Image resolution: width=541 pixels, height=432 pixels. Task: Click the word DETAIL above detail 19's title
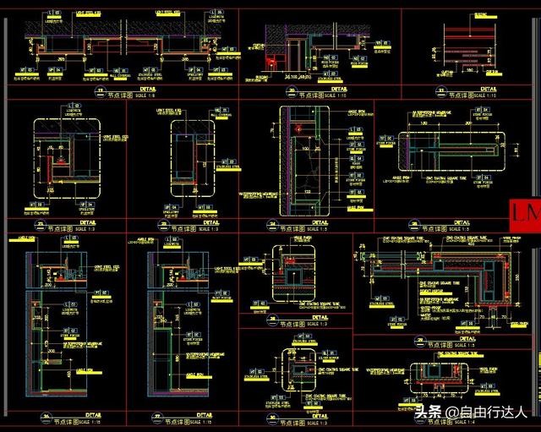click(148, 88)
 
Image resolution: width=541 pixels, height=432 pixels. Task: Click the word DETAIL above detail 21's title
click(489, 88)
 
